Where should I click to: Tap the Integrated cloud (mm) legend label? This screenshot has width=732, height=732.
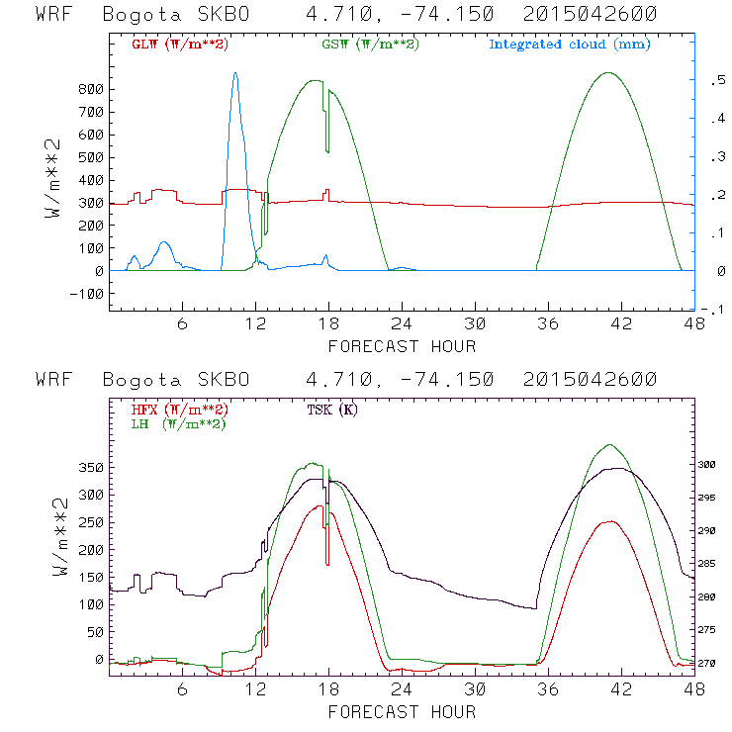(x=570, y=45)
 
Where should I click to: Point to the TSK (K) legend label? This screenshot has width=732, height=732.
(x=334, y=410)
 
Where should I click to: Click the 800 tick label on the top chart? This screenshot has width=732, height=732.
(x=91, y=89)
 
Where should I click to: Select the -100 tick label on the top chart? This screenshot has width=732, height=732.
(x=87, y=294)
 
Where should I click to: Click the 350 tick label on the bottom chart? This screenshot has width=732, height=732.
(x=91, y=466)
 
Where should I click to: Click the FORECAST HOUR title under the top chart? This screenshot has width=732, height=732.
(x=402, y=346)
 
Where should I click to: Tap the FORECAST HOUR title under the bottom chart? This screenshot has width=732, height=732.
(x=402, y=711)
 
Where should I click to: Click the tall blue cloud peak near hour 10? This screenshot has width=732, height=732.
(x=234, y=73)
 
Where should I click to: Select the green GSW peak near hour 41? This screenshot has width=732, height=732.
(x=607, y=73)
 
